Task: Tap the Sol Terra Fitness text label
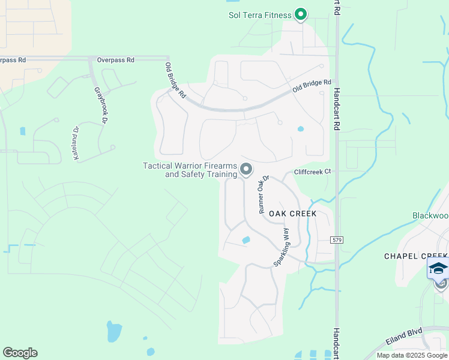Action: (x=259, y=15)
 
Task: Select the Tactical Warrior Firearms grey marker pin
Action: (x=246, y=170)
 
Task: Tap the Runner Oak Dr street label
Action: (x=264, y=194)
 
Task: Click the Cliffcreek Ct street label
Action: (x=312, y=172)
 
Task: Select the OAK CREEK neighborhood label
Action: (x=292, y=214)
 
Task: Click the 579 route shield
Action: (x=337, y=240)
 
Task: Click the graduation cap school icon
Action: (x=438, y=268)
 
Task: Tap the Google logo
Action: (x=20, y=353)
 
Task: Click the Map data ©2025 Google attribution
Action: (x=412, y=355)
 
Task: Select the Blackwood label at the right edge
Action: (x=430, y=215)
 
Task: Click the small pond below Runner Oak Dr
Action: (x=246, y=240)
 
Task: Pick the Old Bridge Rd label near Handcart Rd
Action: (x=312, y=86)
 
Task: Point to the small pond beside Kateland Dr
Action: (x=23, y=131)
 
